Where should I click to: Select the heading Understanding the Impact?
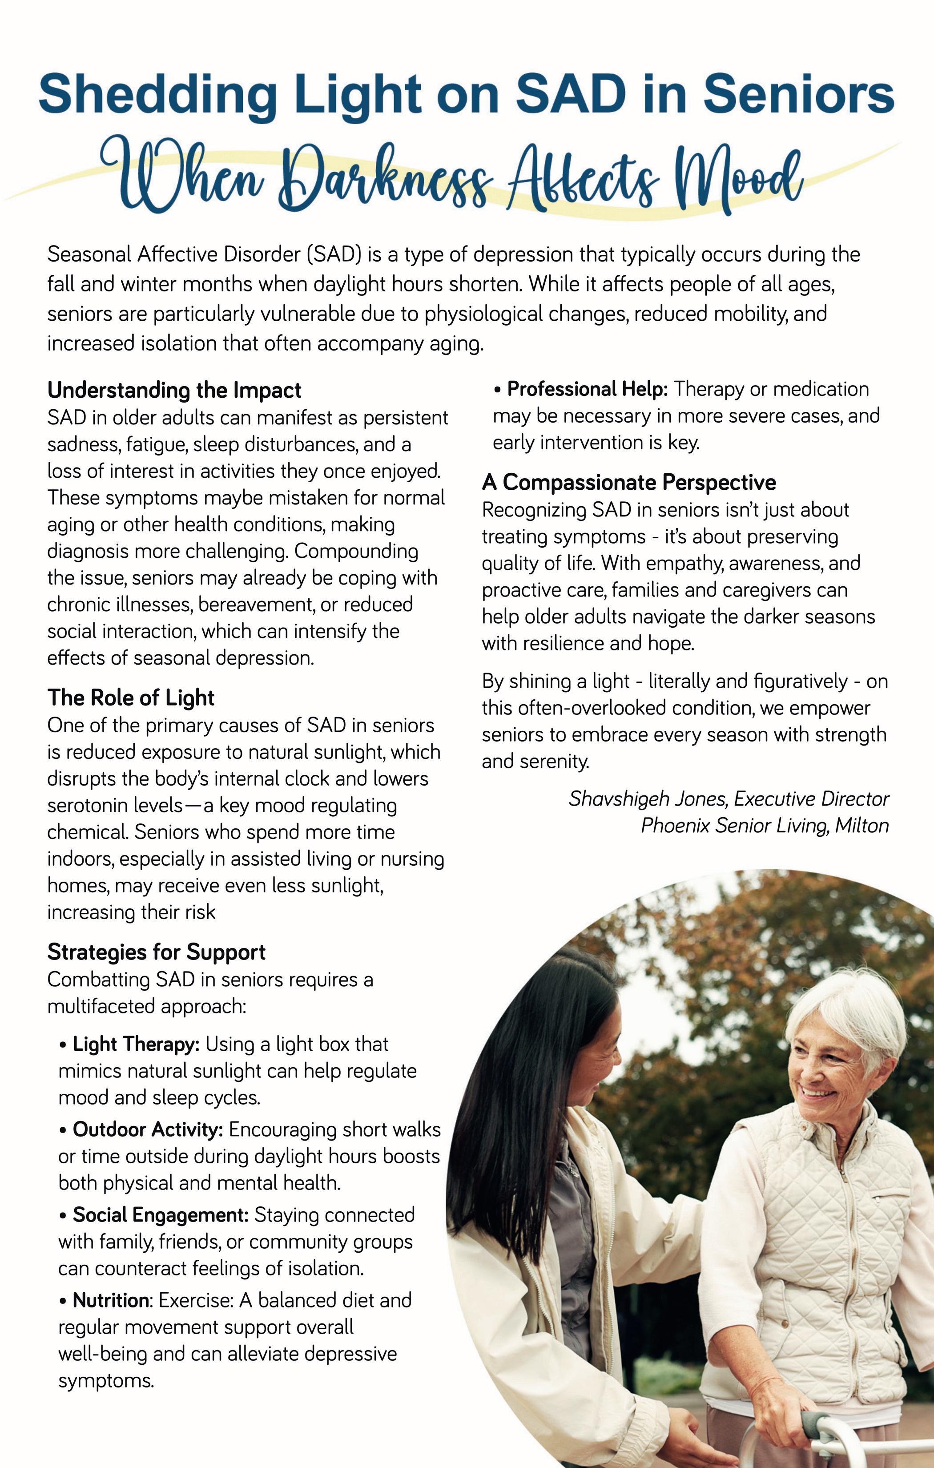point(174,390)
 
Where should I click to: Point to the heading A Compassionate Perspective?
point(628,482)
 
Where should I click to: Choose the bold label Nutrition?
point(110,1300)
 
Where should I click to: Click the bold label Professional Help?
point(588,389)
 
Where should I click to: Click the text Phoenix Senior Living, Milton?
point(765,826)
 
